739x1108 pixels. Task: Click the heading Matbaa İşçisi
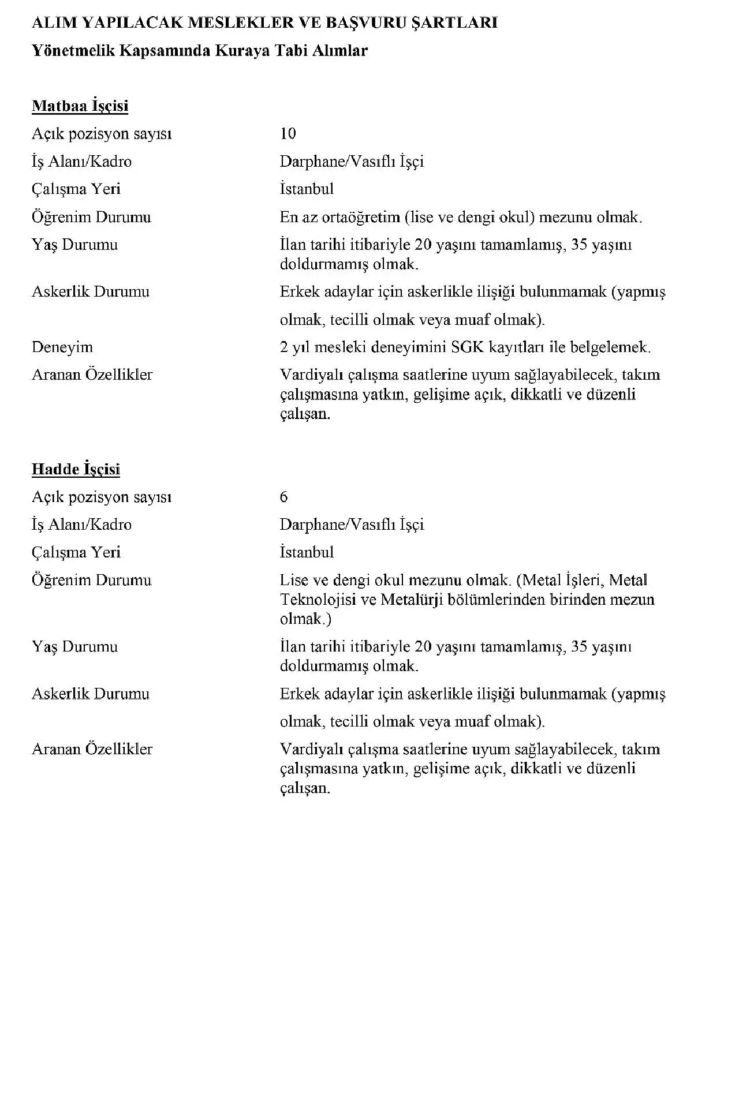[x=80, y=106]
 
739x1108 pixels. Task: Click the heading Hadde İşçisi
[x=76, y=469]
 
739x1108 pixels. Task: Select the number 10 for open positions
[x=288, y=134]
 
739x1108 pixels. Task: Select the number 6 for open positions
[x=283, y=497]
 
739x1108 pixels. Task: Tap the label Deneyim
[x=62, y=347]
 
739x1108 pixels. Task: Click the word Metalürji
[x=411, y=599]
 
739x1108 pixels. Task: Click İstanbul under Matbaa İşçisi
[x=307, y=189]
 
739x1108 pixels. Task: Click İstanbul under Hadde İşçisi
[x=307, y=552]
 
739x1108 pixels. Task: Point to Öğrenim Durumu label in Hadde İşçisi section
[x=91, y=580]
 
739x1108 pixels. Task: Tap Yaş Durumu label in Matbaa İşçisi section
[x=74, y=245]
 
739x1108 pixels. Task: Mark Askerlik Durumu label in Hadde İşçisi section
[x=90, y=694]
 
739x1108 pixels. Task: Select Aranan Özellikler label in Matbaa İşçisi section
[x=92, y=375]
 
